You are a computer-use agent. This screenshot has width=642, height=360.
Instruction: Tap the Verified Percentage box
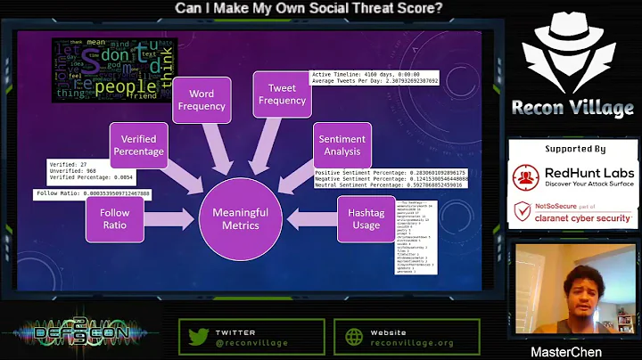(138, 145)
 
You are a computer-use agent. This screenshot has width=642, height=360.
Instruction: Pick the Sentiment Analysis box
(342, 145)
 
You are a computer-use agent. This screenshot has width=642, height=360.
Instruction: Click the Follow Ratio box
(113, 219)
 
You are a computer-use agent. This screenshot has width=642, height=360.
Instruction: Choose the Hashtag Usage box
(366, 219)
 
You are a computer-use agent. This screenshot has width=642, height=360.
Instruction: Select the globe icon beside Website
(352, 337)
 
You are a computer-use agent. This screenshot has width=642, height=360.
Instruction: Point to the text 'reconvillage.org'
(413, 342)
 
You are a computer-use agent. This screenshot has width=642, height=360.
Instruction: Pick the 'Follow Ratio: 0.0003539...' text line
(94, 193)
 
